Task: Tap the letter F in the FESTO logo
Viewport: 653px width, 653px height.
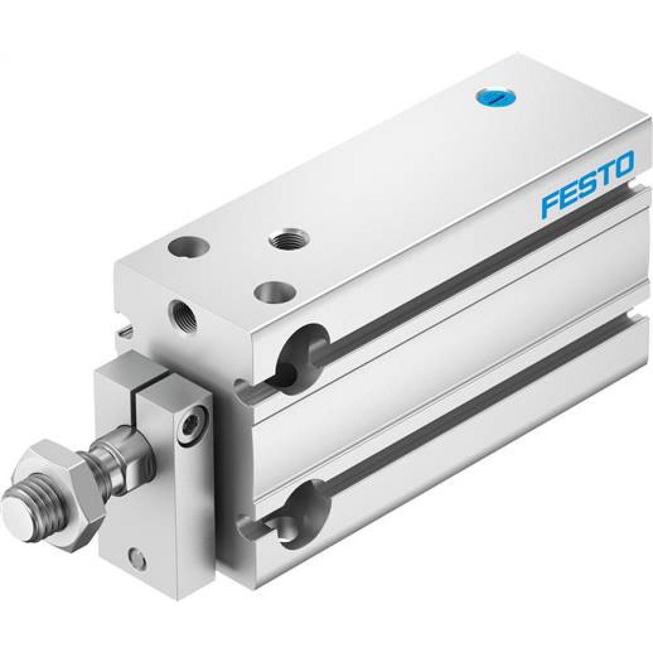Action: (551, 204)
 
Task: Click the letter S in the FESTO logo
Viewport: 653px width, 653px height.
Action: (587, 184)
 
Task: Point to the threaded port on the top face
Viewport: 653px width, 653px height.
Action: (288, 238)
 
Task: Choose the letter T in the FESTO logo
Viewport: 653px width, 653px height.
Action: (604, 174)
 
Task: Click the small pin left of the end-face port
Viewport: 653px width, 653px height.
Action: (125, 333)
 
